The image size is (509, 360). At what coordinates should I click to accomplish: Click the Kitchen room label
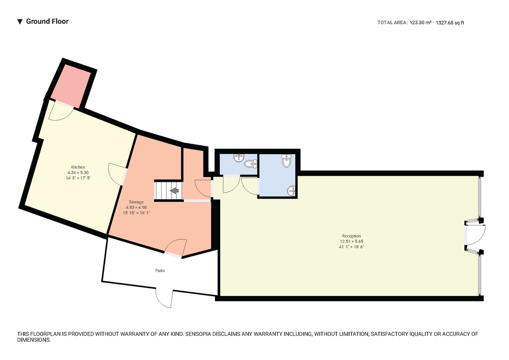tap(78, 167)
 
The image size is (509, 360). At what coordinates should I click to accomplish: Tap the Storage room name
tap(136, 202)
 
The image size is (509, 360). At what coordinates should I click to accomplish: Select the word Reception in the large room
tap(351, 236)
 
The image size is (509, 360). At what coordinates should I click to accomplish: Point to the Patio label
tap(159, 270)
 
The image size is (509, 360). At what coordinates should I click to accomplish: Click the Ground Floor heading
tap(47, 21)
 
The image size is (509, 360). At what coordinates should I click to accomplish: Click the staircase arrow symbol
tap(174, 191)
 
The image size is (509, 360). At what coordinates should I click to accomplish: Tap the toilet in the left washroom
tap(251, 163)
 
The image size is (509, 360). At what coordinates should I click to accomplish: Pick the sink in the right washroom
tap(291, 191)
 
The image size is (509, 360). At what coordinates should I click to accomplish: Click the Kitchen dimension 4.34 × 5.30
tap(78, 173)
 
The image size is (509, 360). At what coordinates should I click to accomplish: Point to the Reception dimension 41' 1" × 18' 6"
tap(351, 247)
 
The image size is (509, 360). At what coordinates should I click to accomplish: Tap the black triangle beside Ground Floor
tap(20, 22)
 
